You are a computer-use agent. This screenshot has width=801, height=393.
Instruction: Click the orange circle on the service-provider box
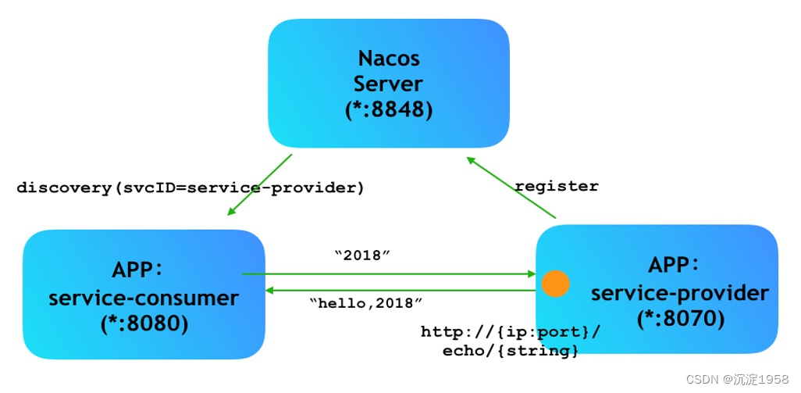click(555, 284)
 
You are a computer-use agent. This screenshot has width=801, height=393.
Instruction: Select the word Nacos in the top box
click(389, 59)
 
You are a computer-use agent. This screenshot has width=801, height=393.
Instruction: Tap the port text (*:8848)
click(389, 109)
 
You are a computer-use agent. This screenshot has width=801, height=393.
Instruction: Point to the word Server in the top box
click(389, 84)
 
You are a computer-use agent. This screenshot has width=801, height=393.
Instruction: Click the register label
click(557, 186)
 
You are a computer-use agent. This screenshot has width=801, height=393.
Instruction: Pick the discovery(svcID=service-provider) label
click(190, 188)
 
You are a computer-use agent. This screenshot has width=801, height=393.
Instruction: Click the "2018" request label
click(361, 255)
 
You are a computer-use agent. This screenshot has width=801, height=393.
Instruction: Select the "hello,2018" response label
click(366, 302)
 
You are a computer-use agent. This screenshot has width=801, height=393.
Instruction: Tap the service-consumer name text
click(144, 297)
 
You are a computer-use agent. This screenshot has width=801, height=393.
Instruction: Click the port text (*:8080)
click(144, 322)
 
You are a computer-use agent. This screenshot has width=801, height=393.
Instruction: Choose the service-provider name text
click(679, 293)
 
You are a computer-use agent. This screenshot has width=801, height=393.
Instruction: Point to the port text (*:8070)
click(679, 318)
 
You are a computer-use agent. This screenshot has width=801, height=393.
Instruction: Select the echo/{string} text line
click(511, 351)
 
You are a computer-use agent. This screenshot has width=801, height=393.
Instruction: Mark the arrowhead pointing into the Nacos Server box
click(471, 160)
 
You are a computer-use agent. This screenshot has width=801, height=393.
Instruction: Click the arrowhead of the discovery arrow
click(230, 211)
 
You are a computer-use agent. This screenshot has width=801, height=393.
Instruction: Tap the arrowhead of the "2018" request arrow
click(532, 274)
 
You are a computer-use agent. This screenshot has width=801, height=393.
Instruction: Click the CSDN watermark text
click(736, 379)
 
